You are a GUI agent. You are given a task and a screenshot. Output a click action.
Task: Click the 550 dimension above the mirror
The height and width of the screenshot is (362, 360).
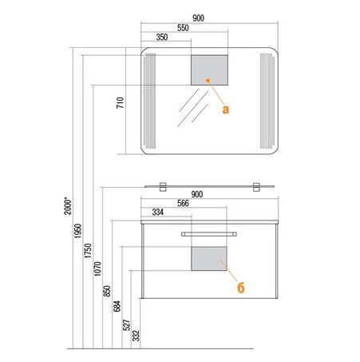[x=183, y=28]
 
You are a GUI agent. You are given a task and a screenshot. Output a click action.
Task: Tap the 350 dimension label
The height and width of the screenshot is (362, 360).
[x=162, y=37]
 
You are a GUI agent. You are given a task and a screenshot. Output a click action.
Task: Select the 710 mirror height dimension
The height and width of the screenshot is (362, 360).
[x=121, y=102]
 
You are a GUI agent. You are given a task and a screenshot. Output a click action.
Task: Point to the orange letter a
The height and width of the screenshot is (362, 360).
[x=225, y=109]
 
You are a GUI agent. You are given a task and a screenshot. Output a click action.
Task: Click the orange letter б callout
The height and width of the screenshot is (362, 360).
[x=241, y=287]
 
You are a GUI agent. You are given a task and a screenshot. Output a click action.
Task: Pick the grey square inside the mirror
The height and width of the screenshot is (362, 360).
[x=209, y=70]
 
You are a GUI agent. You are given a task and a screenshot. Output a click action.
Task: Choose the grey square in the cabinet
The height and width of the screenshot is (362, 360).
[x=209, y=259]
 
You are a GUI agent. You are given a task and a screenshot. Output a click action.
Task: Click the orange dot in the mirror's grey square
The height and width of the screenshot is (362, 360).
[x=208, y=80]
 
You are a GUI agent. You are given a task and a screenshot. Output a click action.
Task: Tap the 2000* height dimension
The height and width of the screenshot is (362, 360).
[x=68, y=206]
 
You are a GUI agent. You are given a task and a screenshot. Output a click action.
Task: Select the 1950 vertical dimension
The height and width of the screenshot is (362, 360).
[x=77, y=231]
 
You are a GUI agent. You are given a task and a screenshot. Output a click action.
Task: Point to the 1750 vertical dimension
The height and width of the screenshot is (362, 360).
[x=88, y=250]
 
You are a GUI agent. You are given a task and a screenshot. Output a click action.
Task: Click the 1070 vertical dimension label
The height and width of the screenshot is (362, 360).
[x=97, y=269]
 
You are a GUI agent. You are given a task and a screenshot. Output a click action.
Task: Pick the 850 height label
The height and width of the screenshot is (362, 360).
[x=107, y=291]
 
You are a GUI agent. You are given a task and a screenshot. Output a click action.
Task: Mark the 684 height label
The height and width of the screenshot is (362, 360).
[x=117, y=306]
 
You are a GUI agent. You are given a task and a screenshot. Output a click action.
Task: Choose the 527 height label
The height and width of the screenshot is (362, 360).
[x=127, y=325]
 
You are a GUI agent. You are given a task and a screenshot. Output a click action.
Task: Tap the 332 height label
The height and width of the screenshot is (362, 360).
[x=136, y=336]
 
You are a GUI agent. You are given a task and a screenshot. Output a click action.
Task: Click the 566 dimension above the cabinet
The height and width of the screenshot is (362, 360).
[x=183, y=203]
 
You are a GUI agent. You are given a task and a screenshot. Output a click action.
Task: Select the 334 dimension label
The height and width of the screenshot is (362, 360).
[x=158, y=213]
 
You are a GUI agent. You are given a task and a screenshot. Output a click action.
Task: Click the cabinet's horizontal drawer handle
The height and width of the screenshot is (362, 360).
[x=209, y=234]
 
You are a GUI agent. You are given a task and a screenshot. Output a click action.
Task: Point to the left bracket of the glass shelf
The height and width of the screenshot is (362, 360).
[x=163, y=187]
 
